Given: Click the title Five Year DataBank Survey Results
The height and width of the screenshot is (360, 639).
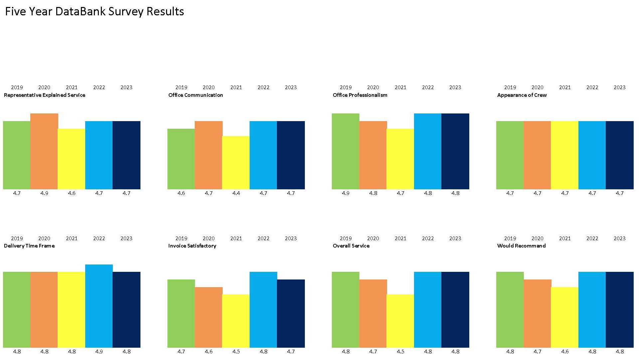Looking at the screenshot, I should [x=95, y=12].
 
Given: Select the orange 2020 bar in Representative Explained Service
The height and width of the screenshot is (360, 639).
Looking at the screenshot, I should [x=44, y=151].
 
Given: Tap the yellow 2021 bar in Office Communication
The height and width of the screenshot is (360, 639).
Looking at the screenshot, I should [x=236, y=162].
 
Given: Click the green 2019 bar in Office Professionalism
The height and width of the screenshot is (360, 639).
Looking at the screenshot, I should [x=345, y=151].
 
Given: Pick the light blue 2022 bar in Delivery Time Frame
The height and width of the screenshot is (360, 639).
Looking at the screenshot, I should [x=99, y=306].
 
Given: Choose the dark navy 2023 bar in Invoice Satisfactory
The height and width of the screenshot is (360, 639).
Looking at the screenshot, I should [x=291, y=313].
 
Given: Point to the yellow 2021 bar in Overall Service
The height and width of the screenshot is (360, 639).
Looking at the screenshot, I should [x=400, y=321].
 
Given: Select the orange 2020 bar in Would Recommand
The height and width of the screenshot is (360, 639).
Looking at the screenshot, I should [x=537, y=313].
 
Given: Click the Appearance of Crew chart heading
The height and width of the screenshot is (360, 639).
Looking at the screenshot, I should [x=522, y=95].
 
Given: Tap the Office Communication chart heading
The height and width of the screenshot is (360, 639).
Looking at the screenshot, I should [x=196, y=95].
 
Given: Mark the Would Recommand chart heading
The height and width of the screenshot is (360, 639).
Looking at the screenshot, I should [x=522, y=246].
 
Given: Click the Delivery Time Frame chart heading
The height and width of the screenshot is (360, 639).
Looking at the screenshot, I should [x=29, y=246].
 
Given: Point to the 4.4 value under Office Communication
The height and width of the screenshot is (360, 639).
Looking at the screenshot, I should [x=236, y=193].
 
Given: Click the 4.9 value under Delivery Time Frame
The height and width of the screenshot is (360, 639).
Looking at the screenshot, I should [x=99, y=352].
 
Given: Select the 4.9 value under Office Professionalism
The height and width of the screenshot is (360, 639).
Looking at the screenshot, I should [x=346, y=193].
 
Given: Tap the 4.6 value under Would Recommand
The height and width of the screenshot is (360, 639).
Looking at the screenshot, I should [x=565, y=352].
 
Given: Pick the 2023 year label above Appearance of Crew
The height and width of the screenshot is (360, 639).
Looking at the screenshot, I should [x=620, y=88].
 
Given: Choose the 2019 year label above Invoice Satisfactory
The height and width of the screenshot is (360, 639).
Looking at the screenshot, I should [x=181, y=239].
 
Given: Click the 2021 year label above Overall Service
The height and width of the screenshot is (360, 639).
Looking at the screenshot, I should [x=400, y=239].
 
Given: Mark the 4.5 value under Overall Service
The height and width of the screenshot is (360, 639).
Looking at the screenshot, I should [x=400, y=352].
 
